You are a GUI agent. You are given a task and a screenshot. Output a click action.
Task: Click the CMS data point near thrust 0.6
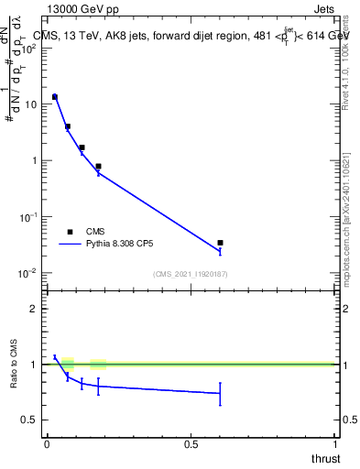(220, 243)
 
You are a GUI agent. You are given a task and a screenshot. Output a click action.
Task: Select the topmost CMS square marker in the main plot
(55, 96)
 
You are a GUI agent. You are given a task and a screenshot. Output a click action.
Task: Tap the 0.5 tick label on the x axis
(191, 444)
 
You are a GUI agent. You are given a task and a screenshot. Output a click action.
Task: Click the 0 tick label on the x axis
(47, 444)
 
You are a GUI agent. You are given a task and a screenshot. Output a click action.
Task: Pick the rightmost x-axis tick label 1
(335, 444)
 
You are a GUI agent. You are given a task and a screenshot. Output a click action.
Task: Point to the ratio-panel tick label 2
(35, 309)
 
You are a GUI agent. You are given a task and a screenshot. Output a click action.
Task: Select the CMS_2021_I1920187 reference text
(191, 274)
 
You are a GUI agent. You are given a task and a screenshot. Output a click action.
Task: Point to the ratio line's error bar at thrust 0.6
(220, 394)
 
